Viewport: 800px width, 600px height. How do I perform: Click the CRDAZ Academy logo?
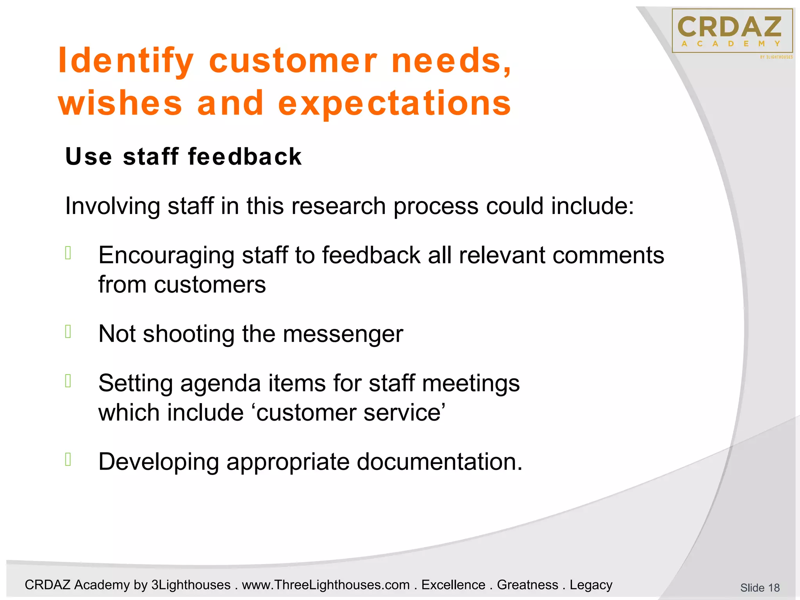[732, 31]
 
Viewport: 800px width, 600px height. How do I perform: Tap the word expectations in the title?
[395, 103]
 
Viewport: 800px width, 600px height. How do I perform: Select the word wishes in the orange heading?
[120, 103]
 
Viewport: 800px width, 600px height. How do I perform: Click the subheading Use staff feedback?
[183, 157]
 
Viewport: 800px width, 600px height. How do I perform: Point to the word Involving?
[112, 206]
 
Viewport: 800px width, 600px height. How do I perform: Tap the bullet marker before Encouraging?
[68, 253]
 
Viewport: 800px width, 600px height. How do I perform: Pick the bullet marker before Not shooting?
[68, 332]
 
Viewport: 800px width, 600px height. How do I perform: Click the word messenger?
[343, 334]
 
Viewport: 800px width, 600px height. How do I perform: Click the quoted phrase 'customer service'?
[350, 412]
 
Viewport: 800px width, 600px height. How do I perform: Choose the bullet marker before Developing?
[68, 459]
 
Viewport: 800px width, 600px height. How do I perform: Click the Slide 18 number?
[759, 587]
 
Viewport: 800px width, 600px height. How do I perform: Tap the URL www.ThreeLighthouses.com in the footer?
[326, 585]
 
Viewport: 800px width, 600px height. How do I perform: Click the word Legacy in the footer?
[591, 585]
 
